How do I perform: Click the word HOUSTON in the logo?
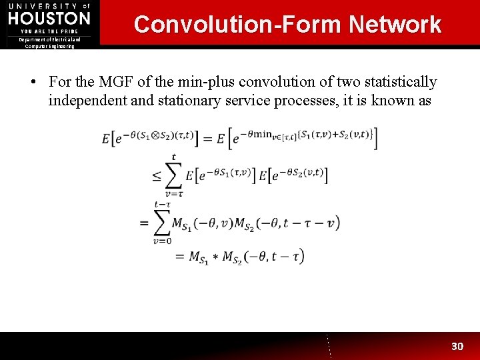49,18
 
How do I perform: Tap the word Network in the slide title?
395,25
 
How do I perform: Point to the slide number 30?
457,347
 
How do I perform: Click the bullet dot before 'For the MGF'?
33,83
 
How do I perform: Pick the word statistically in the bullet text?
400,82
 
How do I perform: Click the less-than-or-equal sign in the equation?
156,176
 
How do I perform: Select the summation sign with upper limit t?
173,175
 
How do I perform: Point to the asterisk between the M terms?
215,257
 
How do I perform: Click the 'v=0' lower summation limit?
162,241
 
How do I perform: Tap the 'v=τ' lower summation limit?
173,194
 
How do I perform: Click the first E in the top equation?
106,139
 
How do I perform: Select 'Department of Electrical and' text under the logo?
49,39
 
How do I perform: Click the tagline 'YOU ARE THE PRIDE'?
49,31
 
